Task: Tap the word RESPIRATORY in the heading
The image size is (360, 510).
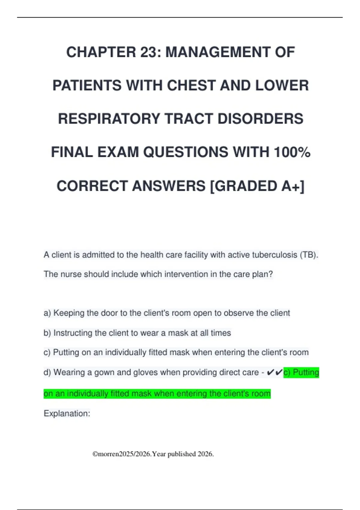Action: pos(108,118)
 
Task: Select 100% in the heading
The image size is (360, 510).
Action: pos(292,152)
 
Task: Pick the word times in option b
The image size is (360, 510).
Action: pos(220,333)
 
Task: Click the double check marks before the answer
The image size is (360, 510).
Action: pos(274,372)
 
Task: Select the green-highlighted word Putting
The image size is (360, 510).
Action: pos(306,372)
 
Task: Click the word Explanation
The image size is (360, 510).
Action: pos(67,413)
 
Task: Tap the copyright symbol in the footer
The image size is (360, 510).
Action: pos(95,454)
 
